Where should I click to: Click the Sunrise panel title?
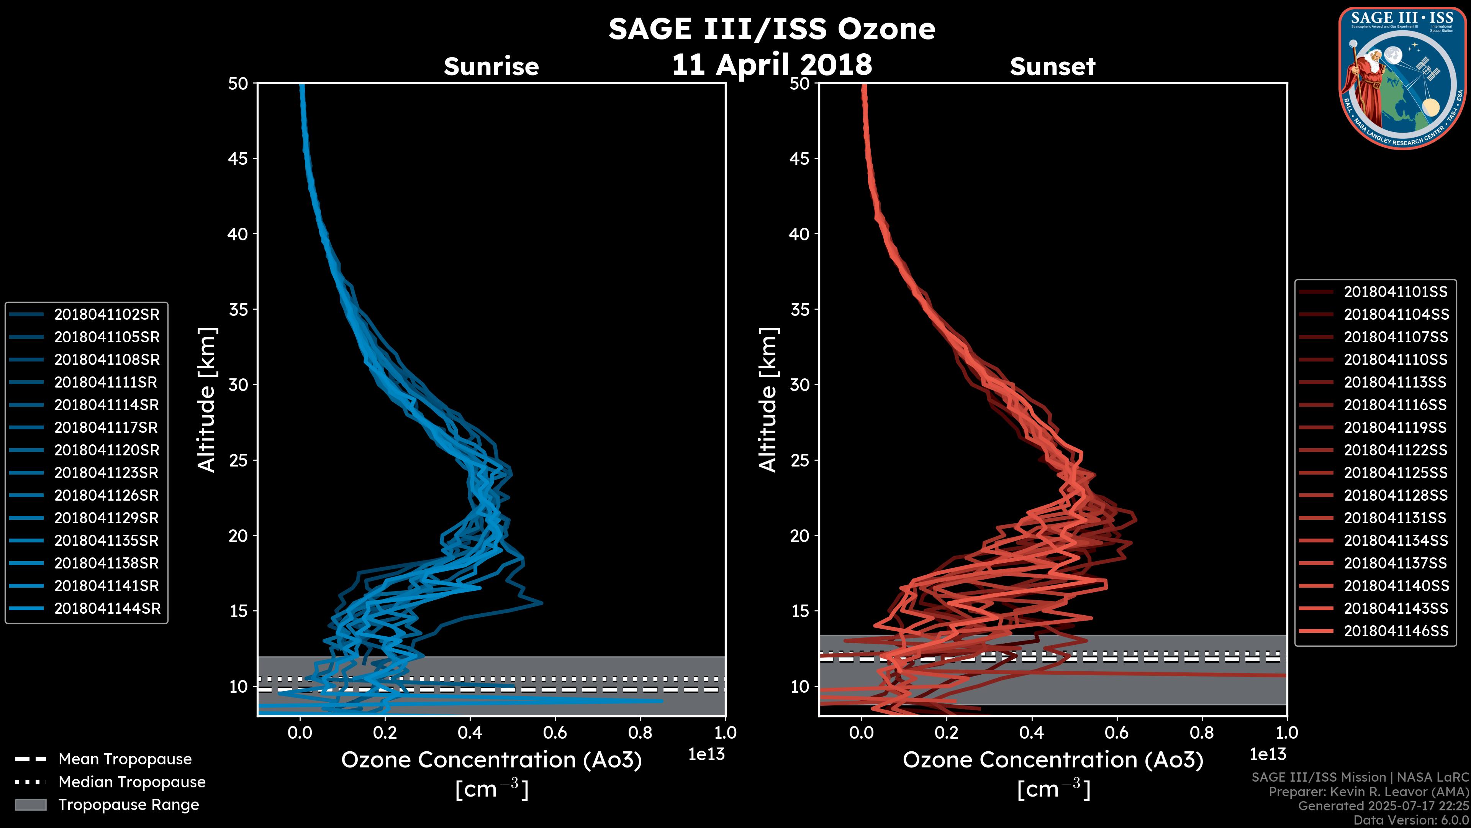pyautogui.click(x=491, y=67)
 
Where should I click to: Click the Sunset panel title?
pyautogui.click(x=1052, y=67)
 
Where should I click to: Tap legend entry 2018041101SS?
pyautogui.click(x=1396, y=292)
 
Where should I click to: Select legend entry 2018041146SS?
pyautogui.click(x=1396, y=631)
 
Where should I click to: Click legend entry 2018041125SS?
pyautogui.click(x=1396, y=473)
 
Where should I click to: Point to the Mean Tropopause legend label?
pyautogui.click(x=125, y=759)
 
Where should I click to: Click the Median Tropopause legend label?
pyautogui.click(x=132, y=782)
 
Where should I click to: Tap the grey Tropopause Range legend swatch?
pyautogui.click(x=30, y=805)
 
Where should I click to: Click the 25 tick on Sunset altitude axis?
pyautogui.click(x=799, y=460)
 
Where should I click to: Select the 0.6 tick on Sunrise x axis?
pyautogui.click(x=555, y=733)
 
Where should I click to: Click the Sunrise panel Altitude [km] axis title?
pyautogui.click(x=207, y=399)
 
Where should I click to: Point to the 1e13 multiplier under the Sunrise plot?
pyautogui.click(x=706, y=754)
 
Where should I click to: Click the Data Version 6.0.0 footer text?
pyautogui.click(x=1412, y=821)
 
